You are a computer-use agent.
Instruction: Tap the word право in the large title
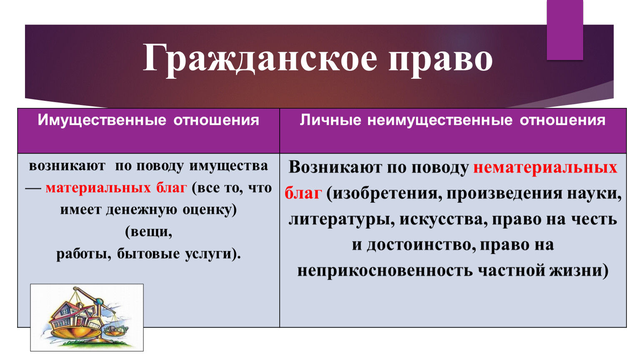click(x=441, y=60)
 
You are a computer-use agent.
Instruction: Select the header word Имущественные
click(x=102, y=120)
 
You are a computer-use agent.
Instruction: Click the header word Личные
click(x=331, y=120)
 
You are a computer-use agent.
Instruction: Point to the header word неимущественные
click(x=440, y=120)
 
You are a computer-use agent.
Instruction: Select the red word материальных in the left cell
click(x=98, y=188)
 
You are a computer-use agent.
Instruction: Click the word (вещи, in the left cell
click(x=148, y=232)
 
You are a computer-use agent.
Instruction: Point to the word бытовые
click(x=148, y=254)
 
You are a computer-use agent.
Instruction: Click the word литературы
click(x=341, y=220)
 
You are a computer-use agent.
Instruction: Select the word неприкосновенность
click(x=385, y=270)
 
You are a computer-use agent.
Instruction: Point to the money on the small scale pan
click(x=115, y=329)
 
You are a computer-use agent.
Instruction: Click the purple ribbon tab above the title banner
click(x=565, y=30)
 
